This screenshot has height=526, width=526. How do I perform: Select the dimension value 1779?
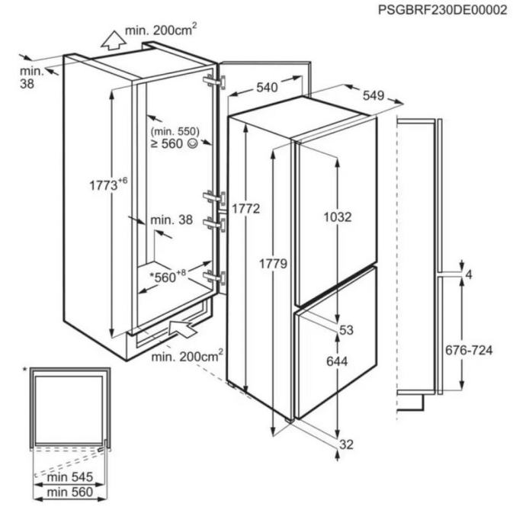pos(273,265)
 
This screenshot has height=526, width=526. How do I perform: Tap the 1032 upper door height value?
pos(336,217)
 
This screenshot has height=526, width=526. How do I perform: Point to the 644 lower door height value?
pos(335,361)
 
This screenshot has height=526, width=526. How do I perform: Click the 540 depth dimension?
pos(266,88)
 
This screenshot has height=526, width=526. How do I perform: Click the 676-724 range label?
pos(469,351)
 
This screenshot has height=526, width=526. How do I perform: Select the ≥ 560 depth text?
pos(172,143)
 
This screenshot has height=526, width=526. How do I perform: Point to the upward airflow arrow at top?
pos(111,37)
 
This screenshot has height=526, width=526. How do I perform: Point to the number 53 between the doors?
pos(348,329)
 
